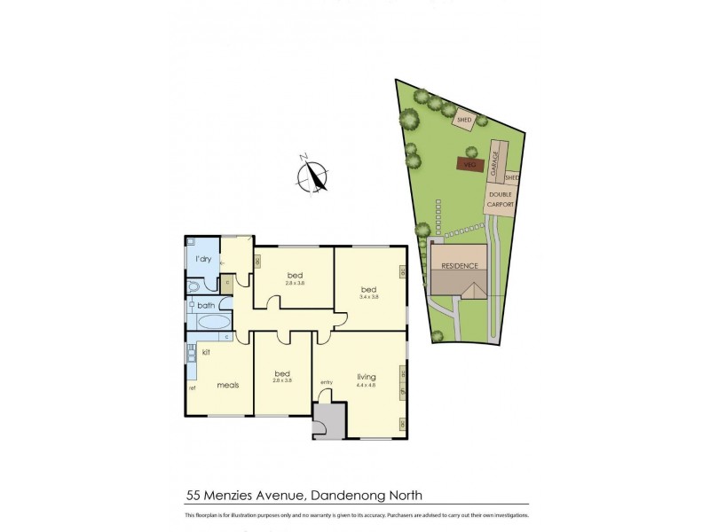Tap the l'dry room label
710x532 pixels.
point(202,259)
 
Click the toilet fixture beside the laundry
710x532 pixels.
point(194,286)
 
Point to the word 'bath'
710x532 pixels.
point(206,305)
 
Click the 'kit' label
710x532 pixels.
point(205,352)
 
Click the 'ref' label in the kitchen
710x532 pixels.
point(191,387)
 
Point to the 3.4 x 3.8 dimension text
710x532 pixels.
point(368,297)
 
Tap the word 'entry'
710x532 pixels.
point(327,382)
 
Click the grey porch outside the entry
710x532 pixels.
point(328,419)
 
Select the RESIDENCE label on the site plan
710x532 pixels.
point(461,266)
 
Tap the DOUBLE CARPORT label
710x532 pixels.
point(500,199)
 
